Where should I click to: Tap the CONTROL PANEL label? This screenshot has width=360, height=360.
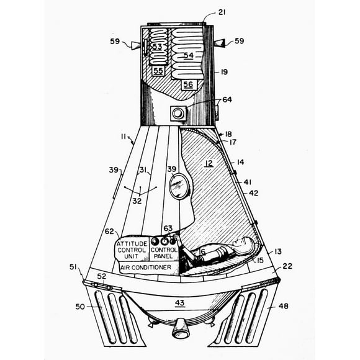(164, 253)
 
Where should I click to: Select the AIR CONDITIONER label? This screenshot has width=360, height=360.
(146, 268)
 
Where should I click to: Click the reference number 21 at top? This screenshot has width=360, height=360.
(222, 12)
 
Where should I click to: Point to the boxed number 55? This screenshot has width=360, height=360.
(158, 71)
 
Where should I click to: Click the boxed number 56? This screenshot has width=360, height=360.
(188, 84)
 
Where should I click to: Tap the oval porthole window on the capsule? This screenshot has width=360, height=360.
(180, 186)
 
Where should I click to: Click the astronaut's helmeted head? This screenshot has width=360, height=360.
(245, 244)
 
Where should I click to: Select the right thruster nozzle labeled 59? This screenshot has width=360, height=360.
(219, 43)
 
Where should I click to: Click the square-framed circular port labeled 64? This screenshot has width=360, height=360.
(178, 114)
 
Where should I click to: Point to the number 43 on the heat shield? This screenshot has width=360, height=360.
(180, 303)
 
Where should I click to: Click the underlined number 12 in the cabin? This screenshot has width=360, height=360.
(209, 163)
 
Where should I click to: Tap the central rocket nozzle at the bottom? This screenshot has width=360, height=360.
(181, 328)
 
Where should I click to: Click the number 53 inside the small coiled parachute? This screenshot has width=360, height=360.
(157, 47)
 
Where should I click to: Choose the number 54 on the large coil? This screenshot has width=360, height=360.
(189, 55)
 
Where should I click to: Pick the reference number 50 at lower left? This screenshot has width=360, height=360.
(80, 306)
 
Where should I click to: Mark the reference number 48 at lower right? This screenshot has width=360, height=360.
(283, 306)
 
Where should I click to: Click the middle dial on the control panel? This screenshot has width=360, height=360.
(164, 241)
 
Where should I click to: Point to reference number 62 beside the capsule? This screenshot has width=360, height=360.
(109, 232)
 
